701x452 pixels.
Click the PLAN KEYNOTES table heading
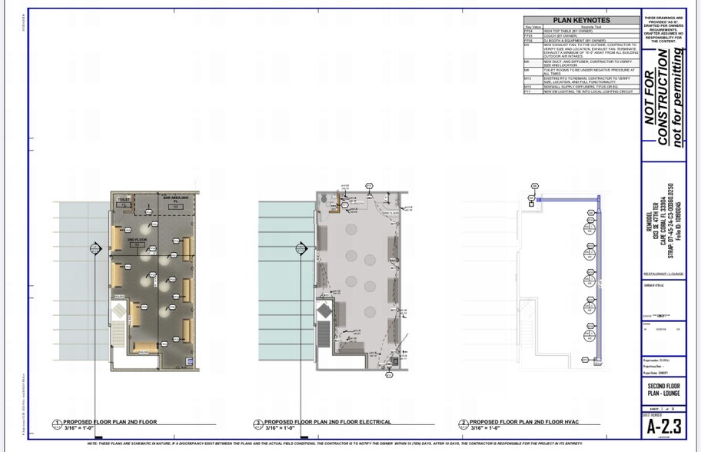pos(581,21)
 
